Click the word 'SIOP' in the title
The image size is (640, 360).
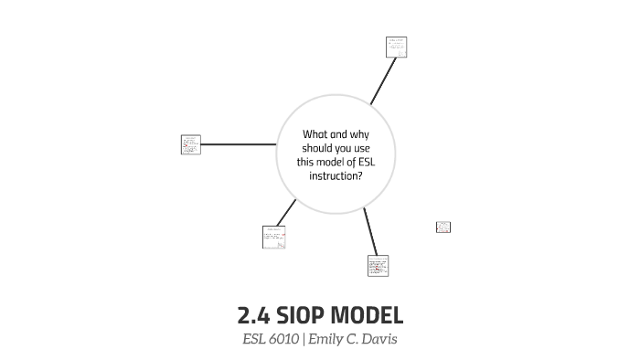coord(298,316)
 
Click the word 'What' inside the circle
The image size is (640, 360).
coord(315,134)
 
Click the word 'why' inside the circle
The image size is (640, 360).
coord(360,134)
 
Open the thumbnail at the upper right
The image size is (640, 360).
coord(396,48)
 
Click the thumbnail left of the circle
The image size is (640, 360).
coord(191,144)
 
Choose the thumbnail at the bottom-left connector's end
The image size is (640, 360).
coord(273,237)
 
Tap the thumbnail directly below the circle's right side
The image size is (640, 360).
coord(378,265)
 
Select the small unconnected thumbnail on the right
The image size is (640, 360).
coord(443,227)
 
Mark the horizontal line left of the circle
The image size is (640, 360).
coord(238,144)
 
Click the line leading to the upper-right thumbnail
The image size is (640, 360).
coord(382,82)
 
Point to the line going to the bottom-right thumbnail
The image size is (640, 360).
coord(369,231)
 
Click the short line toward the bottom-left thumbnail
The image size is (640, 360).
coord(286,212)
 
